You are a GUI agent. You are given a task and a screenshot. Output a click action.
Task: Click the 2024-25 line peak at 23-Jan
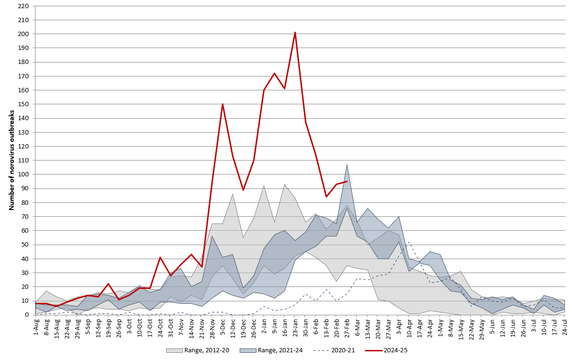[295, 32]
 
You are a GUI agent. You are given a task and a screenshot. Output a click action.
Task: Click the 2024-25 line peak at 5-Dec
[222, 104]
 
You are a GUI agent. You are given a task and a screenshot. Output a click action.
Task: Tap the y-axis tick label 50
[25, 245]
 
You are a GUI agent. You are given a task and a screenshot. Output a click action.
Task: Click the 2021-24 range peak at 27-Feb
[347, 165]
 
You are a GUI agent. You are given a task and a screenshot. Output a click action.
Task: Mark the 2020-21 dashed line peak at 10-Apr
[409, 242]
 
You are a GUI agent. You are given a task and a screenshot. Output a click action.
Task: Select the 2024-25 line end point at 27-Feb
[347, 181]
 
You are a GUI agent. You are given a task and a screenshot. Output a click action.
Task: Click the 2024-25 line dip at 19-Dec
[243, 190]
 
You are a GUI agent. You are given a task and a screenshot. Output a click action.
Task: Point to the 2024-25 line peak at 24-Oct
[160, 257]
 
